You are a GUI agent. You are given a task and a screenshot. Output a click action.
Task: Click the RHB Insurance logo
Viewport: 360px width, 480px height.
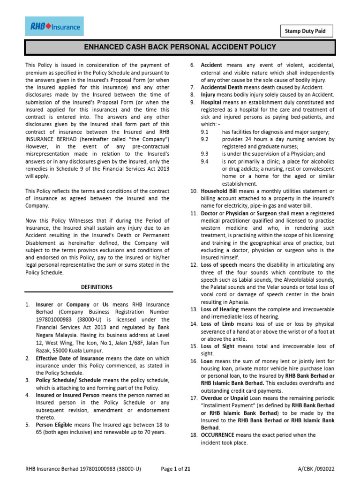coord(54,27)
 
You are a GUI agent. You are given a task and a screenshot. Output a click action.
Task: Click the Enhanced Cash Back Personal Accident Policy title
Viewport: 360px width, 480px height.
coord(180,47)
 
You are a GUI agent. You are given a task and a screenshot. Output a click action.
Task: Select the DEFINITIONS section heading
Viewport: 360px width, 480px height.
coord(97,286)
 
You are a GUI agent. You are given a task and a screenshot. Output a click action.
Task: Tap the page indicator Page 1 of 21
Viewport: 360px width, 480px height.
coord(175,468)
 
